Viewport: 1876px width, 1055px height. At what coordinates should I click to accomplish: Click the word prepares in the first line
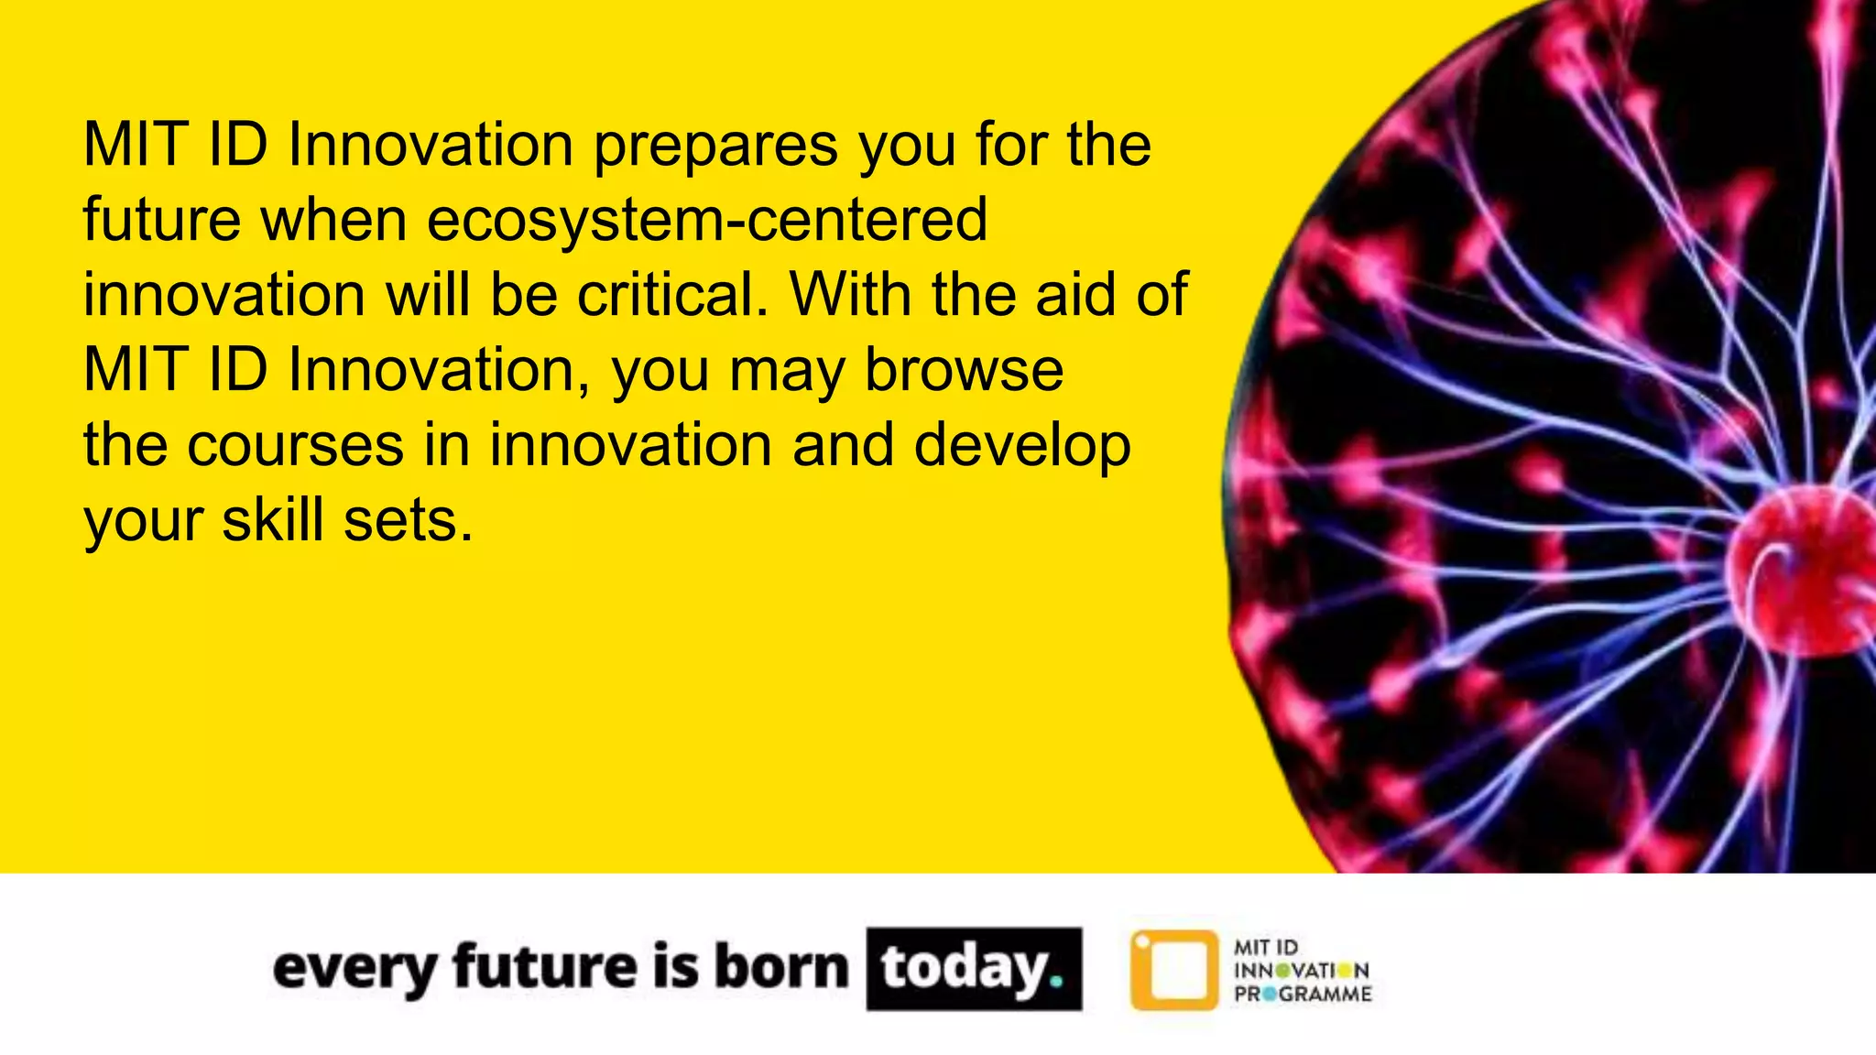pyautogui.click(x=715, y=147)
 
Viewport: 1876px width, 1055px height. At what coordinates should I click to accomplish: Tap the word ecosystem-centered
pyautogui.click(x=706, y=221)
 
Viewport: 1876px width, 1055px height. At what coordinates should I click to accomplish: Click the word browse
pyautogui.click(x=964, y=371)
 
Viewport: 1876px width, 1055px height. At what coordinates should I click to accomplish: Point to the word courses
pyautogui.click(x=295, y=446)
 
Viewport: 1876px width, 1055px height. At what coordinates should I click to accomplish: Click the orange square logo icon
pyautogui.click(x=1174, y=970)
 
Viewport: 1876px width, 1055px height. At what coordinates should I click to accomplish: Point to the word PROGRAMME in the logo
pyautogui.click(x=1303, y=995)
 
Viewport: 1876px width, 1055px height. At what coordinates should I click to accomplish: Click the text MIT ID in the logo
pyautogui.click(x=1266, y=948)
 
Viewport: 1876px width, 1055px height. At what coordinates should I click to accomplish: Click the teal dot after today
pyautogui.click(x=1056, y=981)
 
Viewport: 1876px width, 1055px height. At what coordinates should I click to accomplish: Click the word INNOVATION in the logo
pyautogui.click(x=1302, y=971)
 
